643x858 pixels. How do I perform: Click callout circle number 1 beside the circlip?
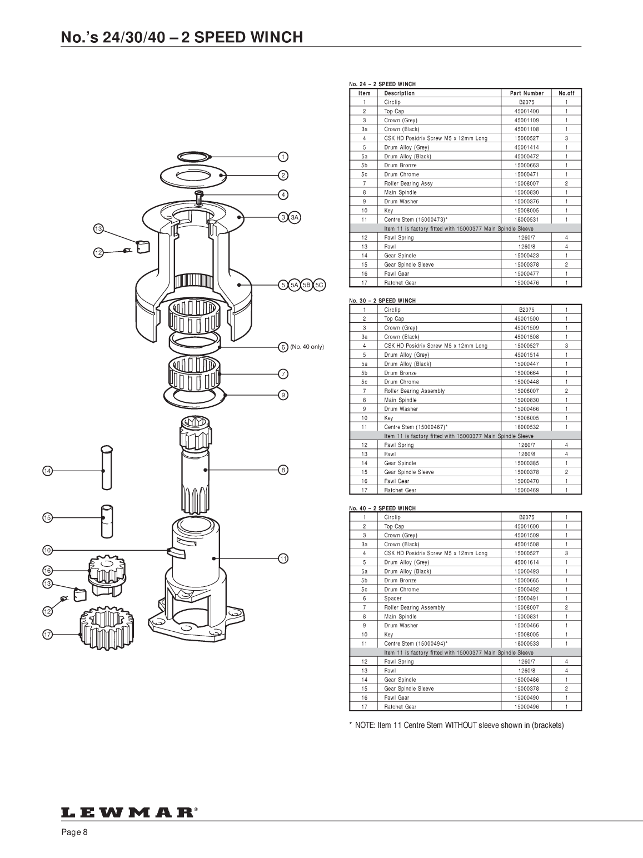[283, 156]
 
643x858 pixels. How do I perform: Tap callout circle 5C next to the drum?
[319, 285]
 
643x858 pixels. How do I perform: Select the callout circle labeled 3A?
[295, 217]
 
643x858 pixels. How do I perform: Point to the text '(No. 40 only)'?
[307, 347]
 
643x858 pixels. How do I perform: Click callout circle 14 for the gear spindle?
[47, 471]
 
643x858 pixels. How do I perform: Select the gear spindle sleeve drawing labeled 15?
[107, 520]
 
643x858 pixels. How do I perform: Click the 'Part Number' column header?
[526, 93]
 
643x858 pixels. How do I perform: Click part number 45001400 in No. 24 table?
[526, 111]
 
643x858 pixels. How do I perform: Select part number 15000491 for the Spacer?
[526, 598]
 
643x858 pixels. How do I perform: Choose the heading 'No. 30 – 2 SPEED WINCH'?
[382, 301]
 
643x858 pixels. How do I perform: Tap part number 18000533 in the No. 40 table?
[526, 643]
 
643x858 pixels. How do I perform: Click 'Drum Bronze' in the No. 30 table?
[400, 373]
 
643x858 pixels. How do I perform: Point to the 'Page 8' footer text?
[74, 832]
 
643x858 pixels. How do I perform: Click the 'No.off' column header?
[566, 93]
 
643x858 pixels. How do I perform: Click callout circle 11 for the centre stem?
[283, 558]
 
